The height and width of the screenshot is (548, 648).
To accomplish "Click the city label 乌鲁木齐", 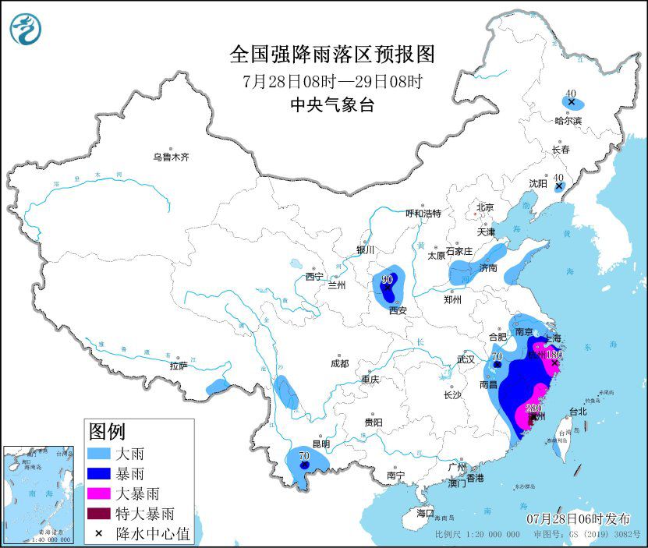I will (171, 157).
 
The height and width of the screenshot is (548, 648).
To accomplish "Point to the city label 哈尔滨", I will (568, 121).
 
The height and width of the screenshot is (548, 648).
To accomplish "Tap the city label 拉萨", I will (178, 366).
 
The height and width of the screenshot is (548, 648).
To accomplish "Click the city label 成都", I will (339, 363).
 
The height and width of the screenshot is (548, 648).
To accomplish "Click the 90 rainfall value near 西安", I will (388, 279).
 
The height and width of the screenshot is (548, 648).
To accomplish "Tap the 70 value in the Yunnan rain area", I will (304, 454).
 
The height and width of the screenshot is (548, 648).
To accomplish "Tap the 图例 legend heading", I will (107, 430).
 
